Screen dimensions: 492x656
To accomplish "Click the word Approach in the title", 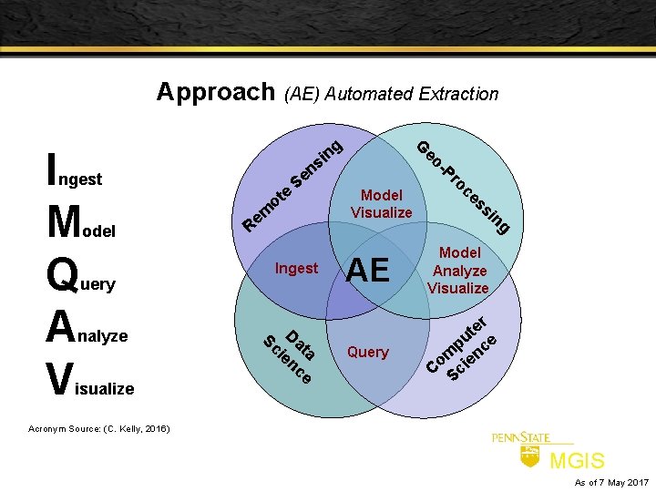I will pos(215,91).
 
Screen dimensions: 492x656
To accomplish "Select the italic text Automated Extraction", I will pos(414,94).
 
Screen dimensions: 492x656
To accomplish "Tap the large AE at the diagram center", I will pos(368,270).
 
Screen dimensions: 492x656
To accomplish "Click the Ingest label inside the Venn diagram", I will pos(296,268).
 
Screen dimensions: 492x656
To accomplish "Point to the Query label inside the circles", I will pos(368,352).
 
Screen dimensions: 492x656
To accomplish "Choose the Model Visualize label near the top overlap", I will pos(382,204).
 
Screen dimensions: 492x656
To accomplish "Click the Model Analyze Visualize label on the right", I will pos(458,271).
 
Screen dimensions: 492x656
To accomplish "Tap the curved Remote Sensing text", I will pos(293,182).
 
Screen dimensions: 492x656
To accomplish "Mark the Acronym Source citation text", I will pos(98,428).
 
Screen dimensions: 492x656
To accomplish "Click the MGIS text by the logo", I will pos(577,461).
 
